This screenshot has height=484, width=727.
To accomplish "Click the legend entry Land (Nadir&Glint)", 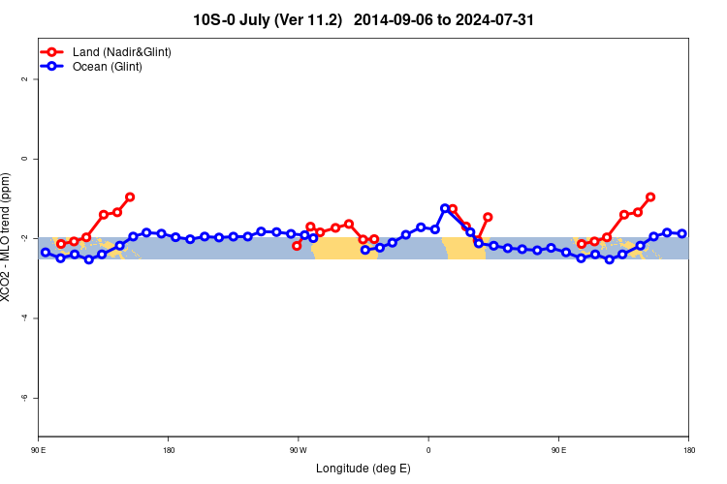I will pos(122,51).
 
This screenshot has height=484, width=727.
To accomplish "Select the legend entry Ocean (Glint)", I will pos(108,67).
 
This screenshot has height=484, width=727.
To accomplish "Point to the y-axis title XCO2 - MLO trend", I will pos(8,237).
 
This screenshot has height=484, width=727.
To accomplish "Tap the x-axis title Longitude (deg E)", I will pos(363,469).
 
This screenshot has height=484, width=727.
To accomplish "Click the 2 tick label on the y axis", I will pos(25,78).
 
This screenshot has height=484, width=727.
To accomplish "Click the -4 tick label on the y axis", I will pos(25,318).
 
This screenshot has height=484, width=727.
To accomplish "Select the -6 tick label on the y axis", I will pos(25,398).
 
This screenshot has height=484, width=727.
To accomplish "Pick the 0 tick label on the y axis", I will pos(25,158).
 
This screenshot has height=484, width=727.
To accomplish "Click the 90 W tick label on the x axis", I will pos(298,450).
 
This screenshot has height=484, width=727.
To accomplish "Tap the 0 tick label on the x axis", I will pos(428,450).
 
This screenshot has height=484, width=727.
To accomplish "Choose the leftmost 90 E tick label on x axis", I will pos(39,450).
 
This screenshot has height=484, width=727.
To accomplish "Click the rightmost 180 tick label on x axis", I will pos(688,450).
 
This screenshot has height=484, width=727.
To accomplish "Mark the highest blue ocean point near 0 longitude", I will pos(445,208).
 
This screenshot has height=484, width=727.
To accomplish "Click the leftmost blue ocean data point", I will pos(46,253).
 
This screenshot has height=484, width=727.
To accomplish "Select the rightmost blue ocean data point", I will pos(682,233).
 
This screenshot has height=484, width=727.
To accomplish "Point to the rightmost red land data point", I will pos(650,197).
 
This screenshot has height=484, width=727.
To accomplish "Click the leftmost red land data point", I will pos(61,244).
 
